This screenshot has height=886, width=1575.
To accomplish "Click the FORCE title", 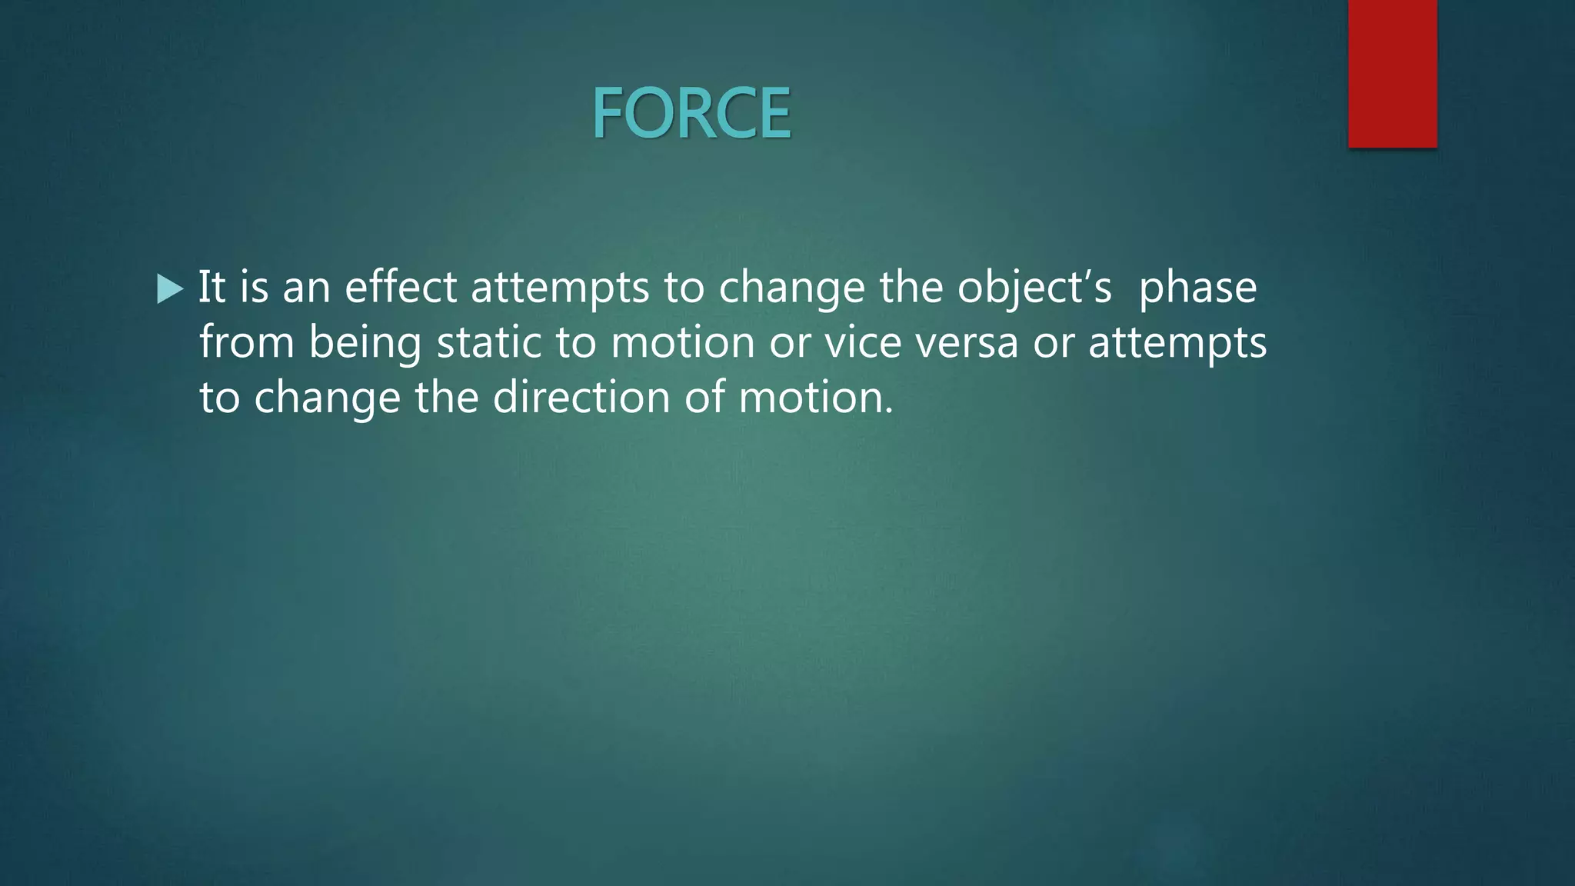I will click(691, 114).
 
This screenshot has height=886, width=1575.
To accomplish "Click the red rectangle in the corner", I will click(1392, 73).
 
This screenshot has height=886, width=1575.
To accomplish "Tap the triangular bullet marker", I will click(169, 289).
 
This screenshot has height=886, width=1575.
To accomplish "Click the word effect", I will click(401, 287).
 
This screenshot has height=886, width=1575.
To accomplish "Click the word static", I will click(489, 342).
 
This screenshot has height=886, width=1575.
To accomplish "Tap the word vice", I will click(863, 342).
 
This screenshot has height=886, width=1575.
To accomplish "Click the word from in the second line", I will click(247, 342).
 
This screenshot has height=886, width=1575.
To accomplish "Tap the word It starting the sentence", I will click(211, 287).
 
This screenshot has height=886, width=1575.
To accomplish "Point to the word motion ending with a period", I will click(816, 398).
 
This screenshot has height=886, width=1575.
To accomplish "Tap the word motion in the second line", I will click(682, 342).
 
